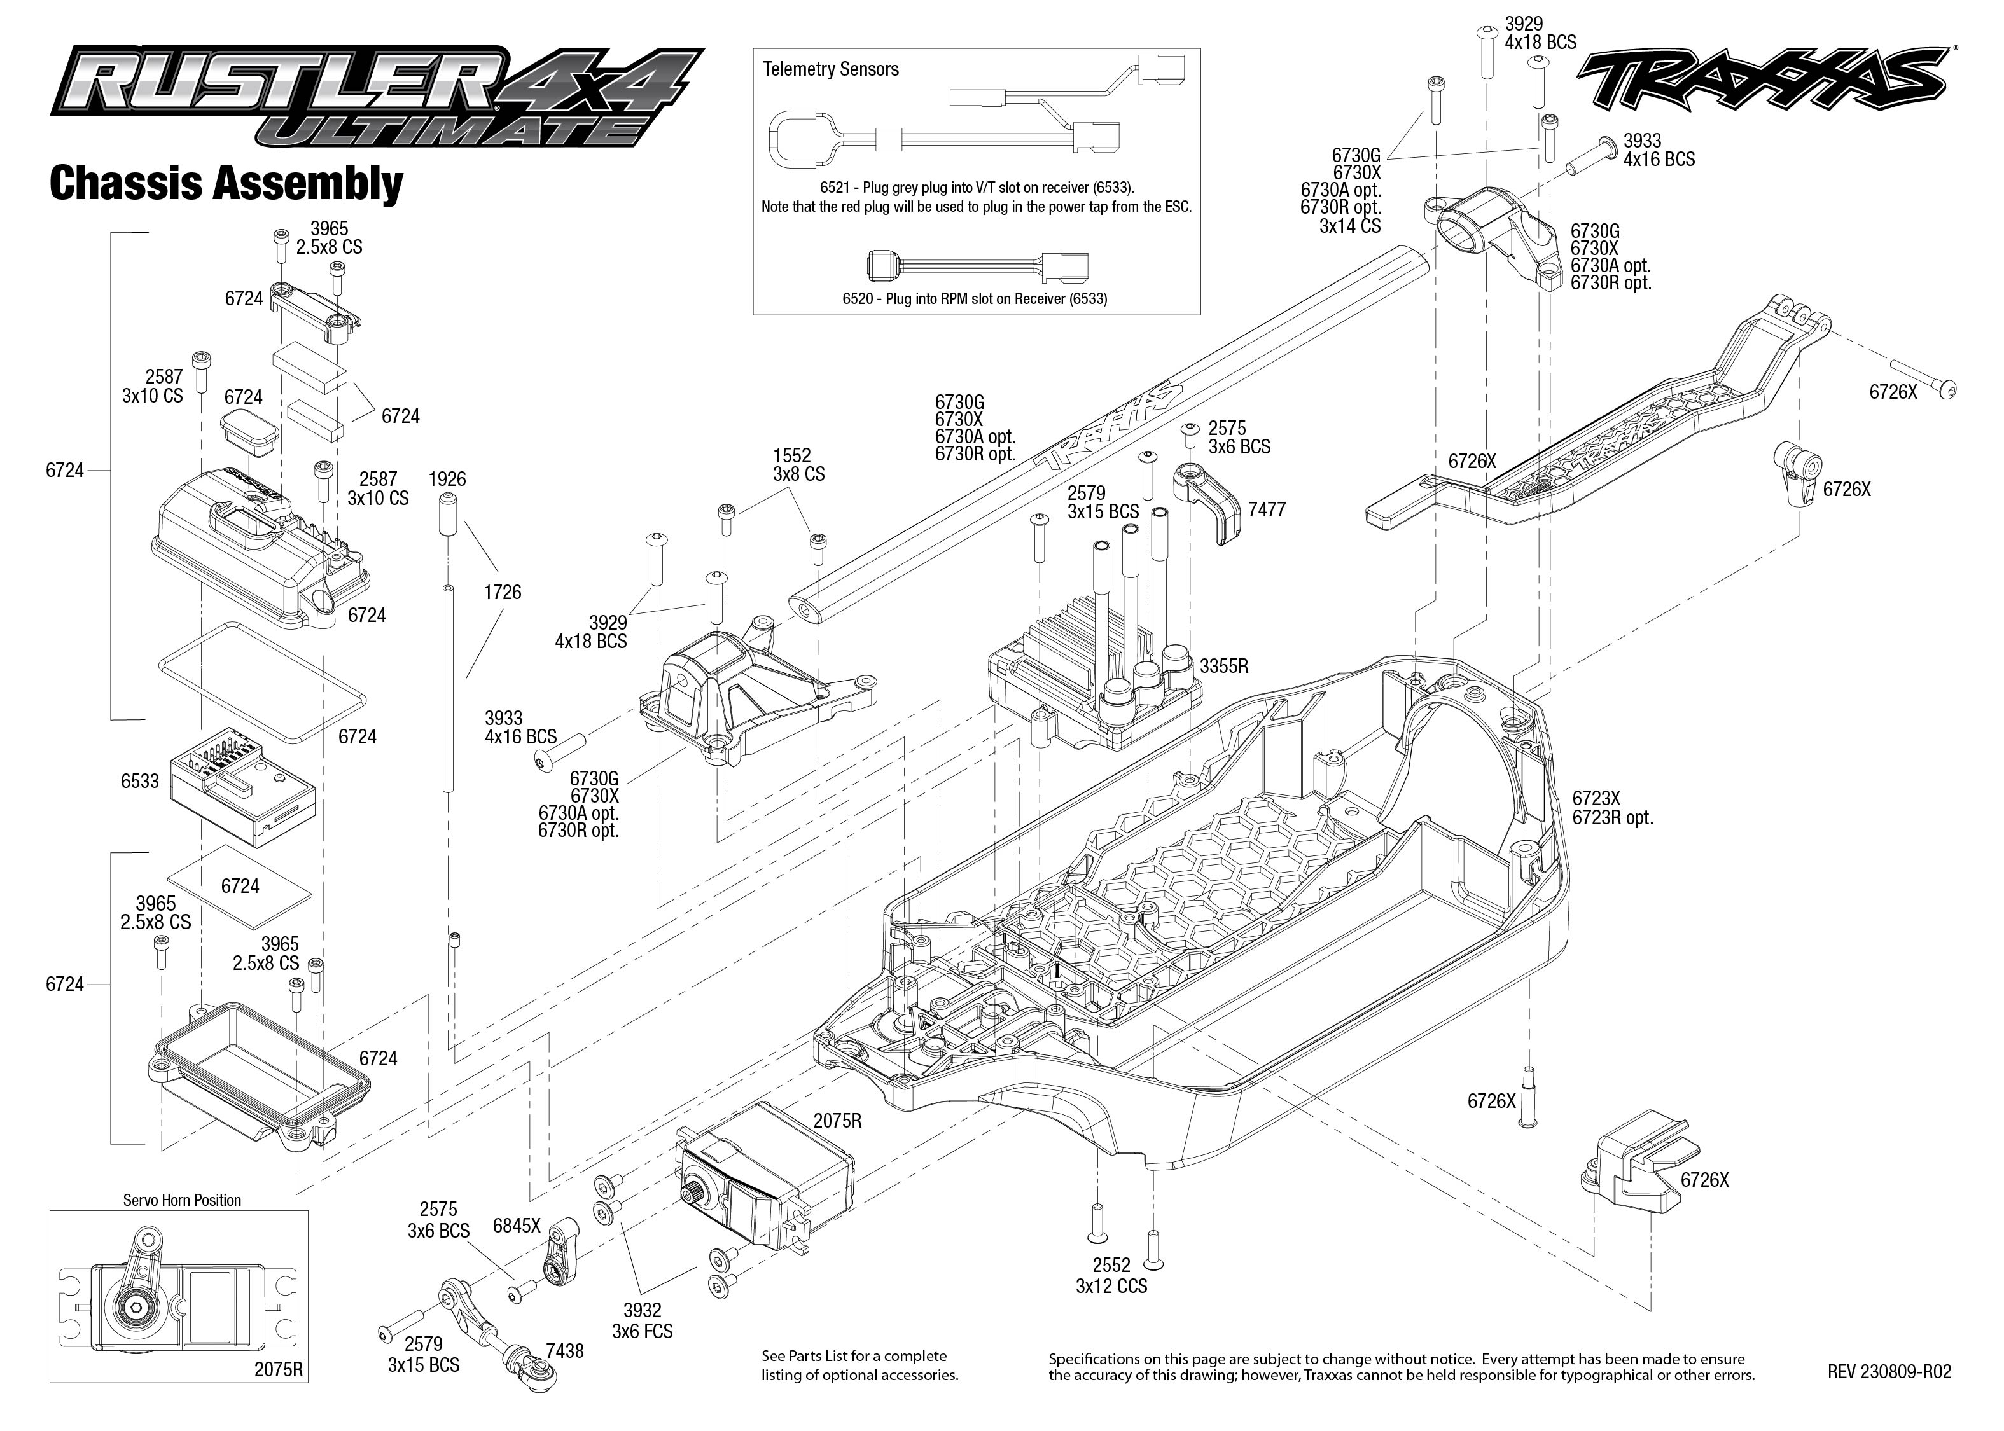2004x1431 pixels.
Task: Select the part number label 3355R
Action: [1223, 666]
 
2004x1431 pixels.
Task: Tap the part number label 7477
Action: [1267, 509]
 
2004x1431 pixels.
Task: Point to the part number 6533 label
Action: [139, 781]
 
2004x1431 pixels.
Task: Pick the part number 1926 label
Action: [447, 480]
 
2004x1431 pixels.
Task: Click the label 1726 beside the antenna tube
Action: [503, 592]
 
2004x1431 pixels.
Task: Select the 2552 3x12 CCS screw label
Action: [1111, 1276]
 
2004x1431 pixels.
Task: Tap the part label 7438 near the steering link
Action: [564, 1351]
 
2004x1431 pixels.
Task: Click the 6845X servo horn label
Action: [517, 1225]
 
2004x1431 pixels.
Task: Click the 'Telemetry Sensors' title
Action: [830, 69]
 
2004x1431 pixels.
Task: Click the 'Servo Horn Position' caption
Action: [181, 1200]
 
